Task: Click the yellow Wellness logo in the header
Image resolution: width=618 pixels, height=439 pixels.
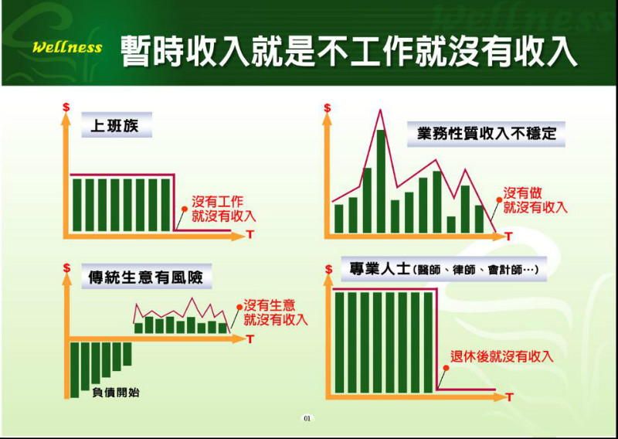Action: [67, 47]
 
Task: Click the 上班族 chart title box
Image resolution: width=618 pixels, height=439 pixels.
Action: [117, 125]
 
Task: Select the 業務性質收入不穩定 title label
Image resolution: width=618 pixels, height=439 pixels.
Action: [486, 134]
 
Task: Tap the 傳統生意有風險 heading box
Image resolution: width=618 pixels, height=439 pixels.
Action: [146, 277]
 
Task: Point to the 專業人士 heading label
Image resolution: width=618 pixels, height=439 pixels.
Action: [443, 269]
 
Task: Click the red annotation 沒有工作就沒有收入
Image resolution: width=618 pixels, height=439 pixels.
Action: [224, 209]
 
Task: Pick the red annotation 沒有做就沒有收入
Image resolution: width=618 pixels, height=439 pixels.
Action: [535, 200]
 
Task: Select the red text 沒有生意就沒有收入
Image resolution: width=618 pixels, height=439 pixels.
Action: [276, 312]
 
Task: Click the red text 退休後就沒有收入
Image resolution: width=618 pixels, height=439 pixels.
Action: [501, 356]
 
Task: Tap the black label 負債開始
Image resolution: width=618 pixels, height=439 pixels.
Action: [115, 393]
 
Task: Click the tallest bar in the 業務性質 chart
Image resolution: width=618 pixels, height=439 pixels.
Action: [381, 181]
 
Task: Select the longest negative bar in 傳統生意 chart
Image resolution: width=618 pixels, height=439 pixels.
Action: [74, 370]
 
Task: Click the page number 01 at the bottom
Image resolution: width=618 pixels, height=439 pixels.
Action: [307, 418]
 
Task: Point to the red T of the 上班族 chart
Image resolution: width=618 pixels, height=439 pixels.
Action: [249, 235]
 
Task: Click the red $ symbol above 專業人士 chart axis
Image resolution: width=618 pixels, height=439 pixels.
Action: [328, 270]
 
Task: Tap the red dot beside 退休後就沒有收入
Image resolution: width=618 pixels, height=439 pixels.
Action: [447, 368]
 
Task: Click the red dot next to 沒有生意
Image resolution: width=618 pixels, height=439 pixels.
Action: [239, 307]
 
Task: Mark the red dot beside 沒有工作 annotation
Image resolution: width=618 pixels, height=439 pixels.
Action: [184, 209]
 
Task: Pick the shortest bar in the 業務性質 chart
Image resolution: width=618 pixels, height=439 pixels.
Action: [451, 224]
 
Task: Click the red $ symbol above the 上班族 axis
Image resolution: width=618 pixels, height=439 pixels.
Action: [66, 107]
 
